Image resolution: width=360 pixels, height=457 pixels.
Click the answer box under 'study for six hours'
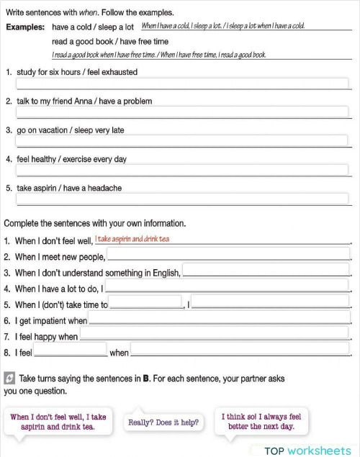pos(182,83)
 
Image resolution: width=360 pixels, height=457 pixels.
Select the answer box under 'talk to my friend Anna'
pos(182,112)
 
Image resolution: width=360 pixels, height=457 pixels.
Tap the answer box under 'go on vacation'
pos(182,141)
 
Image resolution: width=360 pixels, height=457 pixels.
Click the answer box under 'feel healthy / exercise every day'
pos(182,171)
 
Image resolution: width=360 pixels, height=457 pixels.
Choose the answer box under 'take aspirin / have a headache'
pos(182,199)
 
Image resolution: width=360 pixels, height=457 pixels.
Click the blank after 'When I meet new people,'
pos(228,255)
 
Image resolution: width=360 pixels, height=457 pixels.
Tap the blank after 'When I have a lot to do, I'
pos(227,286)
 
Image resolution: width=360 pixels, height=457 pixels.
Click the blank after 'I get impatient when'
pos(219,319)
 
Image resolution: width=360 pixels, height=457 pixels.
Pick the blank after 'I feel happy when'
pos(215,335)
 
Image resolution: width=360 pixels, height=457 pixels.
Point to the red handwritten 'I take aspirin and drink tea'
pos(132,239)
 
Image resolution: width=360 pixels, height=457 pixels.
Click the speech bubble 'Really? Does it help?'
pos(163,422)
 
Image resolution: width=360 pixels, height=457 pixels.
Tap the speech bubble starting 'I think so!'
pos(261,421)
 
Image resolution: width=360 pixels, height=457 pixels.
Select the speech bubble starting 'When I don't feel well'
pos(58,421)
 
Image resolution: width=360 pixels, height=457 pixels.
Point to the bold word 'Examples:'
pos(25,27)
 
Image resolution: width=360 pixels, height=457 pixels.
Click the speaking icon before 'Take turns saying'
pos(9,377)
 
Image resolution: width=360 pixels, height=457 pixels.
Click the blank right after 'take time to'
pos(145,303)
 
